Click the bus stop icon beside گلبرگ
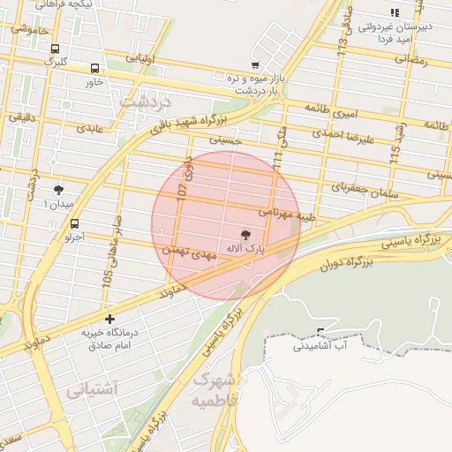(56, 49)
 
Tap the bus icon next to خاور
(94, 69)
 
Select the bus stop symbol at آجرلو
(74, 224)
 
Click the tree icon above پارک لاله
(245, 234)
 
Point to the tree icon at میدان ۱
(59, 190)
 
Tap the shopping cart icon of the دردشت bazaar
(255, 64)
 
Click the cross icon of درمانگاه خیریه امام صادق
(109, 318)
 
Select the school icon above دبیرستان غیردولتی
(394, 12)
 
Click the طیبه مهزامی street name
(285, 212)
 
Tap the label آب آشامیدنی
(322, 348)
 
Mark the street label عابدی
(89, 128)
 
